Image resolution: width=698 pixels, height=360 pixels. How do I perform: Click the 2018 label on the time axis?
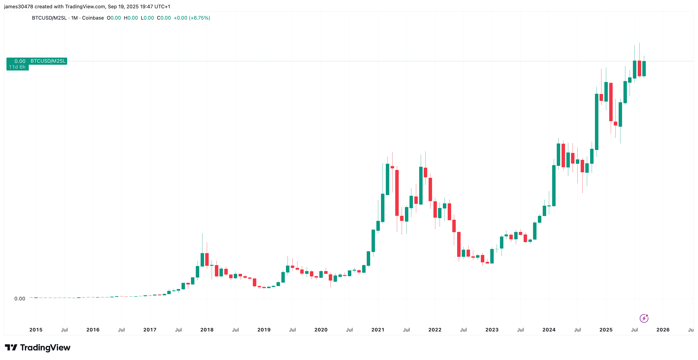coord(207,330)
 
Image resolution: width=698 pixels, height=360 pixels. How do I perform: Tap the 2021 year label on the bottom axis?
coord(378,330)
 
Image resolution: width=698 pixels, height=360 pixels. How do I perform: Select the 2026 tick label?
coord(663,330)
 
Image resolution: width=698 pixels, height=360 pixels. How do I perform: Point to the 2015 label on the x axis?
coord(36,330)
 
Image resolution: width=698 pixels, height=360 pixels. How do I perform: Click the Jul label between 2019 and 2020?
coord(292,330)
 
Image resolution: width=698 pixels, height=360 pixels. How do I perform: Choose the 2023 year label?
coord(492,330)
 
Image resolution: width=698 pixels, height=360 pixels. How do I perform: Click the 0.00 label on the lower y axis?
coord(20,299)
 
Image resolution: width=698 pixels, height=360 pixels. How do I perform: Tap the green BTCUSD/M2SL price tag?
coord(48,61)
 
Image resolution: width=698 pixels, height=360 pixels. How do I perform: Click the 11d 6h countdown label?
coord(17,67)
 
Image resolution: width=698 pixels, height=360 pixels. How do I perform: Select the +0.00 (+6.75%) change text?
coord(192,18)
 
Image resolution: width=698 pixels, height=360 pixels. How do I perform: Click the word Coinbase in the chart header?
coord(93,18)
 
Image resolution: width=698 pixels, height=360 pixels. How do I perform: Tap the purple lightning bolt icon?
coord(644,318)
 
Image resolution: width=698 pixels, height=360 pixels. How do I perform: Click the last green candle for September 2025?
coord(644,69)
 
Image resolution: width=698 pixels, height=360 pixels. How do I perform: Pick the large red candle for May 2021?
coord(397,193)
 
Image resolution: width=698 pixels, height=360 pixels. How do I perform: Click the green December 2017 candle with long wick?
coord(202,260)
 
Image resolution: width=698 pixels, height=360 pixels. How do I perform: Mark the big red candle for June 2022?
coord(459,244)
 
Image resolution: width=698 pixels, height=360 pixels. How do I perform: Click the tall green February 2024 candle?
coord(554,186)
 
